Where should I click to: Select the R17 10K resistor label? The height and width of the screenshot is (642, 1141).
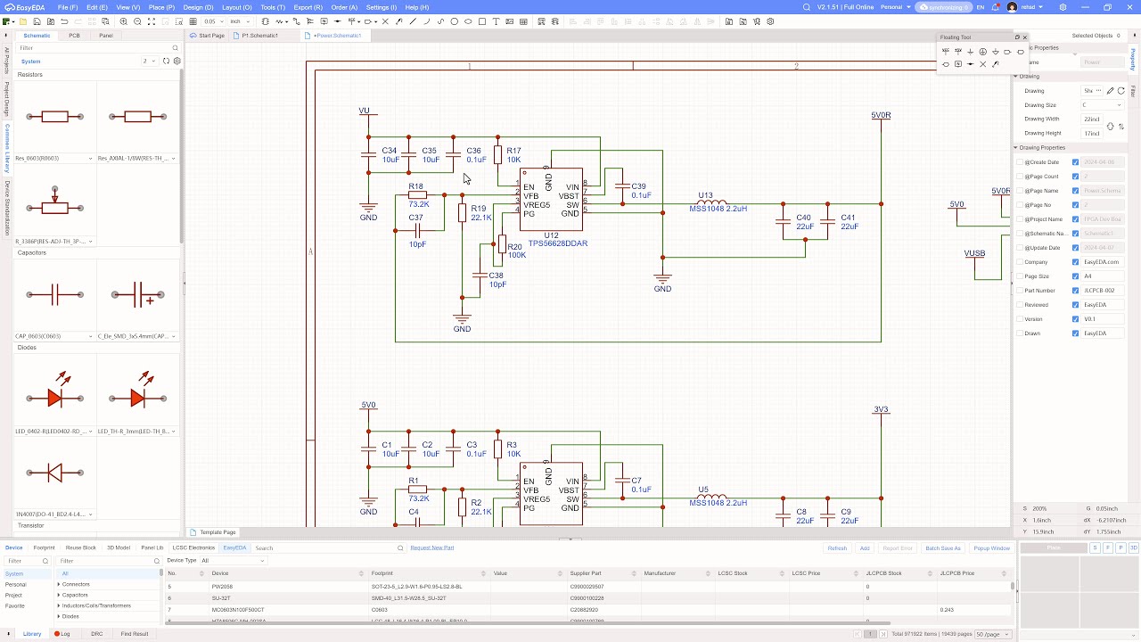513,155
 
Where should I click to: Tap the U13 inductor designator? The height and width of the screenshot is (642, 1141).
705,195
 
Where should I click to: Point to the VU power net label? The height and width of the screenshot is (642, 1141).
364,111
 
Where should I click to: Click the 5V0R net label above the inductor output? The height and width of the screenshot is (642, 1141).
881,116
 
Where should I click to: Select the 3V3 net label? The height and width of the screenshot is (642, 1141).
881,410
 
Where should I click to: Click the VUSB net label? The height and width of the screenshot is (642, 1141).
974,253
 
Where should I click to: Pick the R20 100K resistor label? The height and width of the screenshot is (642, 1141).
515,251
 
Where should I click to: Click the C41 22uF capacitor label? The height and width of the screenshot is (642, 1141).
848,222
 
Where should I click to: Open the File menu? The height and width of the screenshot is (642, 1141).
68,7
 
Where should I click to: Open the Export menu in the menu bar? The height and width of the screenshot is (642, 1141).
308,7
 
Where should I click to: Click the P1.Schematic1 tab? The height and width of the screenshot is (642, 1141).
259,36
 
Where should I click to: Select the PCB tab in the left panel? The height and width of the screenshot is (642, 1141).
75,36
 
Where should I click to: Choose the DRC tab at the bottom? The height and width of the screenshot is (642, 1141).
97,634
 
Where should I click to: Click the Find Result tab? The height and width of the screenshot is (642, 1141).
135,634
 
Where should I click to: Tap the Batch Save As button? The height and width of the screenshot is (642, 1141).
942,548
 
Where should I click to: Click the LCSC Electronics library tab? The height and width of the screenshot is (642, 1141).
193,547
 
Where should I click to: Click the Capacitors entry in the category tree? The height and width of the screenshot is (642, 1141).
75,595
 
